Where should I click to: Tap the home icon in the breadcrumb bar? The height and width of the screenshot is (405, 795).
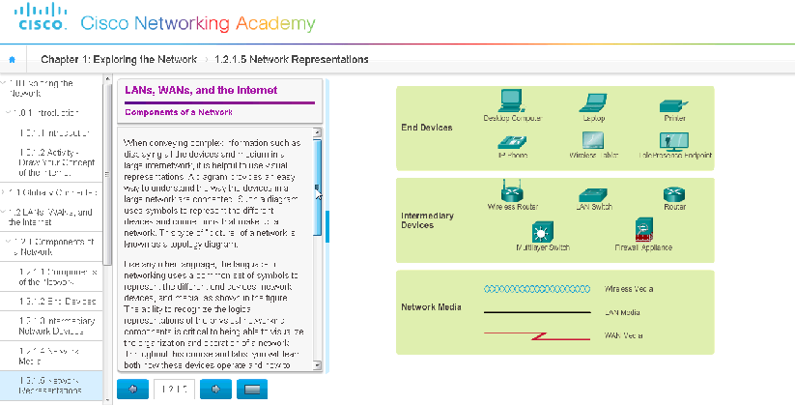click(x=13, y=60)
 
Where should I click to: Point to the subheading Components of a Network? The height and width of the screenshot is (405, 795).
click(x=178, y=112)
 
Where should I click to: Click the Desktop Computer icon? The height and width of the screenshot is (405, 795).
click(x=512, y=101)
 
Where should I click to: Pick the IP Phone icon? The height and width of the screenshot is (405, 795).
click(x=511, y=140)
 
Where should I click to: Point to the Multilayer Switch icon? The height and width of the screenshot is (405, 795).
click(x=540, y=231)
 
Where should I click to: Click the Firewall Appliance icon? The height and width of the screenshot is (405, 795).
click(x=642, y=230)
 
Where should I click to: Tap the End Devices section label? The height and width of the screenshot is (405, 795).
click(x=426, y=128)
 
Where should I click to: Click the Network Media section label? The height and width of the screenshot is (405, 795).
click(x=431, y=307)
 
